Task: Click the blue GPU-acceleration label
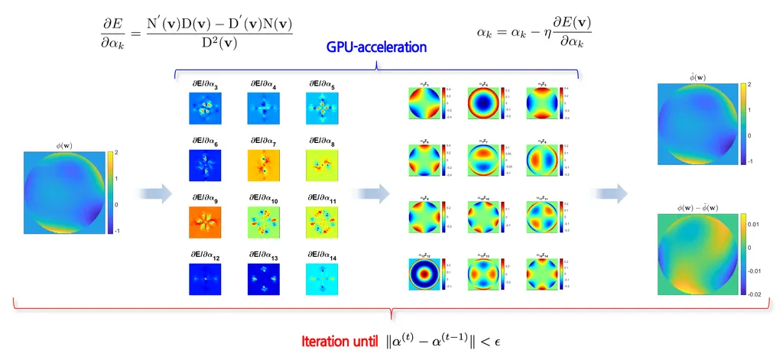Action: pos(376,48)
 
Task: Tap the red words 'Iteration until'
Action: pos(339,338)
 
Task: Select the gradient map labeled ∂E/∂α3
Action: pos(203,109)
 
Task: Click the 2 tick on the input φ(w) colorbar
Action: pos(116,154)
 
